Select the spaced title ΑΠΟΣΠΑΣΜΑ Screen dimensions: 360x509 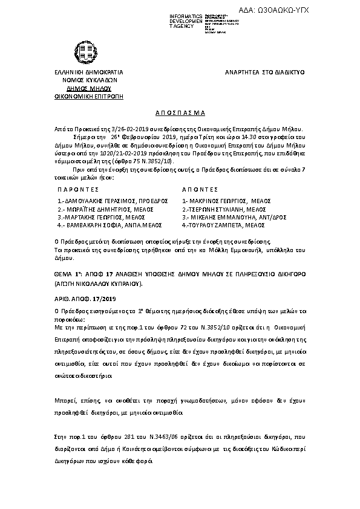pyautogui.click(x=180, y=112)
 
